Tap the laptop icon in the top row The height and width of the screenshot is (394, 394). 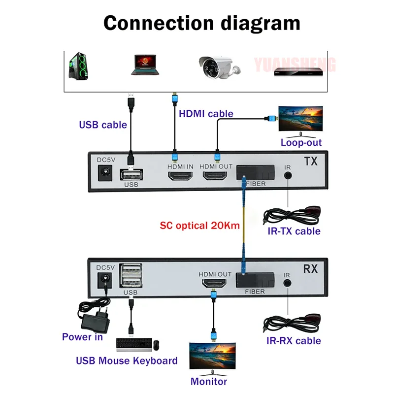tap(146, 65)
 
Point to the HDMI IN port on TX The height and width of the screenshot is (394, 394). tap(180, 178)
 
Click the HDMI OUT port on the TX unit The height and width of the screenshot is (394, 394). tap(216, 178)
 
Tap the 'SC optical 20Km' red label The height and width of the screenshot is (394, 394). tap(200, 227)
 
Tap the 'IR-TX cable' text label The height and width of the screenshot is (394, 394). tap(294, 231)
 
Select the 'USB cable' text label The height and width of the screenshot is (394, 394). tap(103, 125)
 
